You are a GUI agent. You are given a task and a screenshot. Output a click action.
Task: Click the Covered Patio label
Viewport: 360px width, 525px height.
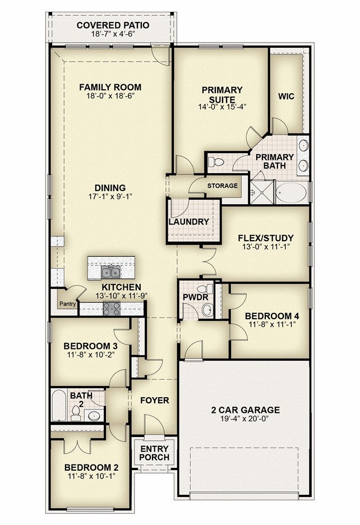click(113, 25)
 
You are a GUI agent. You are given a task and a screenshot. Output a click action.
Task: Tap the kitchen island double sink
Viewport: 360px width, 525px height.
click(110, 272)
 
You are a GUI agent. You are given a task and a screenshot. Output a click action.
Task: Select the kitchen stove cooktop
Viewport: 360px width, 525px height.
click(112, 308)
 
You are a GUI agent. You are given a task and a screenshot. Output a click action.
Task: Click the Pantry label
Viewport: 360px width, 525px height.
click(67, 304)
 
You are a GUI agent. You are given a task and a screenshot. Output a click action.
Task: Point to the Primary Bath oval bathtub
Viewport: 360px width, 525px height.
click(292, 192)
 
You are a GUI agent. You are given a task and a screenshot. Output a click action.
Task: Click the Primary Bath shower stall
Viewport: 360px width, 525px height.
click(262, 192)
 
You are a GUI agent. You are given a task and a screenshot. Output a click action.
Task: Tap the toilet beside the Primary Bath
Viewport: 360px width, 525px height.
click(216, 163)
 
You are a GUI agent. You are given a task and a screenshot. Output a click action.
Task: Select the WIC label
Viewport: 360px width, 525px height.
click(287, 96)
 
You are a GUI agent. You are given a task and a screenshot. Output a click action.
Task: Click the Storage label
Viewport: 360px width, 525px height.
click(223, 186)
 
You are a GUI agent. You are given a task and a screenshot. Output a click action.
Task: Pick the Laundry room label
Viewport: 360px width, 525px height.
click(189, 222)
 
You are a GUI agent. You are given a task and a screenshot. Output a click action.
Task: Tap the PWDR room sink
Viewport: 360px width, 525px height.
click(207, 310)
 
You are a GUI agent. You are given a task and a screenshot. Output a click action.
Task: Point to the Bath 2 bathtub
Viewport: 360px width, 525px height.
click(59, 405)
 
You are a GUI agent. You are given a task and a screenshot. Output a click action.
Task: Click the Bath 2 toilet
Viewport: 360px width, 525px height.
click(76, 413)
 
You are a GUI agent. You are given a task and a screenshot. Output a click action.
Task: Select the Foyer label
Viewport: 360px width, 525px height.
click(154, 400)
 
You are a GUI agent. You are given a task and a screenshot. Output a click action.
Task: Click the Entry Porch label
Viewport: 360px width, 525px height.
click(154, 453)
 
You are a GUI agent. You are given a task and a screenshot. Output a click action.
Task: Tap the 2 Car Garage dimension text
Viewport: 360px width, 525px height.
click(245, 418)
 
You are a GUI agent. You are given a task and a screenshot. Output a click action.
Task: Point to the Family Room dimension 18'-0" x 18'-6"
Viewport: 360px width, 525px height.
click(110, 96)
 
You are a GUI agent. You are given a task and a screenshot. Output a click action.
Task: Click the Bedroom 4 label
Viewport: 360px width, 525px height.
click(272, 316)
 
